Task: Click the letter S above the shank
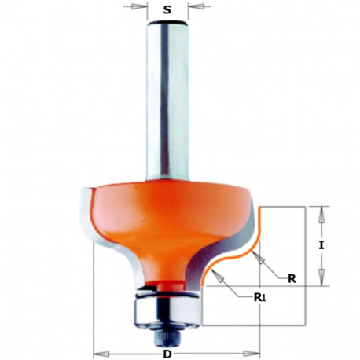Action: [166, 11]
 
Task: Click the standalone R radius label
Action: [292, 277]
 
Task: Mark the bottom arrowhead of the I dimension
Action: [321, 280]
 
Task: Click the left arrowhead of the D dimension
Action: [97, 353]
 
